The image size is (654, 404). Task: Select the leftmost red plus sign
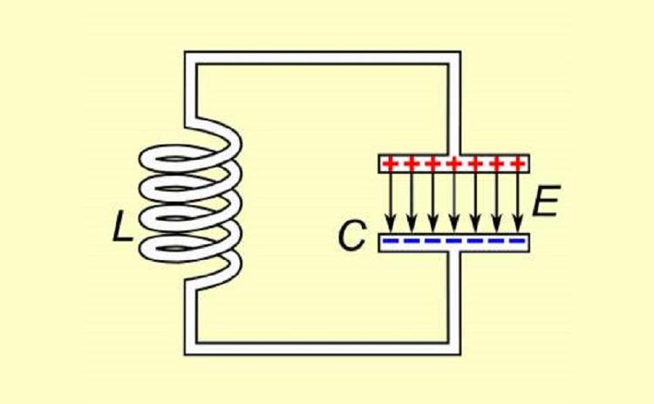pyautogui.click(x=390, y=163)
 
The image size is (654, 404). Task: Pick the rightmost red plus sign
pyautogui.click(x=519, y=163)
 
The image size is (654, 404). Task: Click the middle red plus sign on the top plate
pyautogui.click(x=454, y=163)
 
